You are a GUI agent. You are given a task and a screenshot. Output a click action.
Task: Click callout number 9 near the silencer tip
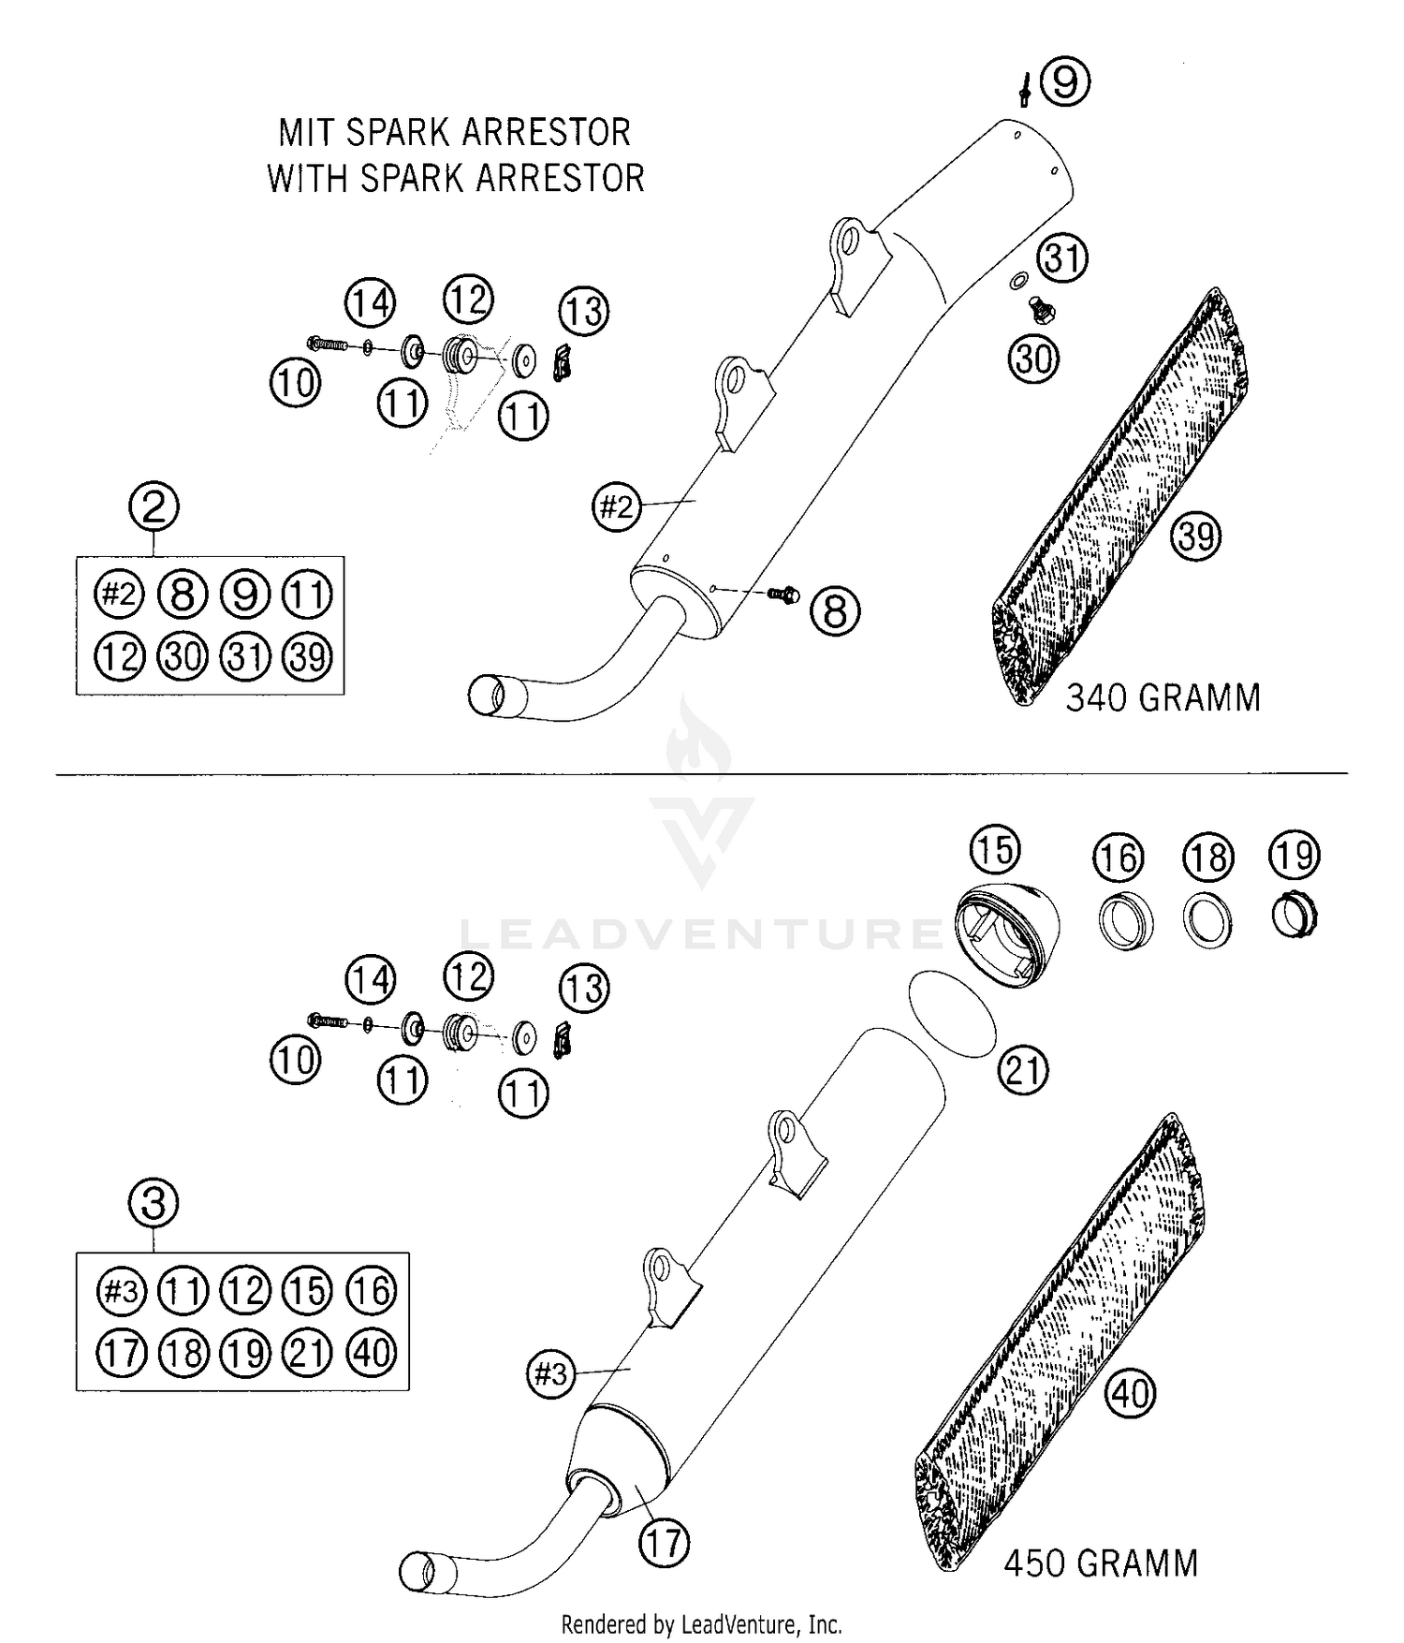(1065, 82)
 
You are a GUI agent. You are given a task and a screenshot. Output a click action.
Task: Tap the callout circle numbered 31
(1062, 257)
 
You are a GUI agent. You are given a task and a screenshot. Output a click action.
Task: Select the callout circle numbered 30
(1034, 359)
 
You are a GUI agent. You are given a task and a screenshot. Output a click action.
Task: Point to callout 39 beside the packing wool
(1196, 536)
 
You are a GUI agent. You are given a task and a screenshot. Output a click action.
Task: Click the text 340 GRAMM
(1163, 698)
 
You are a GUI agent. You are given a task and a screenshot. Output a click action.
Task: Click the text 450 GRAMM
(1100, 1563)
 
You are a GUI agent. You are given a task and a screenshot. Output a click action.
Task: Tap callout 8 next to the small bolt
(835, 612)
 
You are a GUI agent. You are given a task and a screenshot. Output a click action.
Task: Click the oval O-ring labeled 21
(953, 1014)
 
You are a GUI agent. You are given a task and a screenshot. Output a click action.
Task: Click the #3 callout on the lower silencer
(551, 1375)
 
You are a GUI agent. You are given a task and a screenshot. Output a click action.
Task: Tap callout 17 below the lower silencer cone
(664, 1543)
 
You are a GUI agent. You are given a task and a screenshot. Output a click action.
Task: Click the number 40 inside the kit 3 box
(372, 1353)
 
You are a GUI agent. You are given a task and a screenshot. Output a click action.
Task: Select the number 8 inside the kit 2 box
(183, 594)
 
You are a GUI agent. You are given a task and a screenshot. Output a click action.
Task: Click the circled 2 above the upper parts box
(154, 507)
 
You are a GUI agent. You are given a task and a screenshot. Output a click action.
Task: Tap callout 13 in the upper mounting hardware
(584, 311)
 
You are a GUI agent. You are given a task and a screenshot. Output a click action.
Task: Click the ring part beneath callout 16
(1124, 922)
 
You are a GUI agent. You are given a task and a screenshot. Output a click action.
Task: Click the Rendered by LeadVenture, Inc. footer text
(701, 1624)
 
